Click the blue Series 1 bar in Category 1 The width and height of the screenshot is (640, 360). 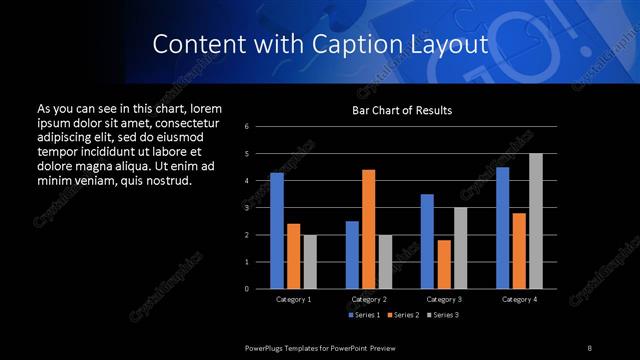tap(277, 231)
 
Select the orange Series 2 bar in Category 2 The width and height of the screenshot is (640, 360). tap(368, 229)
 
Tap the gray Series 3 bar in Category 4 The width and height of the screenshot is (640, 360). tap(535, 221)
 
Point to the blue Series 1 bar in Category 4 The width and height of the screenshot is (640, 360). tap(502, 228)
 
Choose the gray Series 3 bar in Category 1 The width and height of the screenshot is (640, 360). tap(310, 262)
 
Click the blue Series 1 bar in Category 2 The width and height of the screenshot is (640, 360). tap(352, 255)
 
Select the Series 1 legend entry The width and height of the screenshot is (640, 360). tap(365, 314)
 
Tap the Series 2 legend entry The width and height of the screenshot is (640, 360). tap(402, 314)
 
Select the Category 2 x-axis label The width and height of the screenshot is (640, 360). tap(369, 299)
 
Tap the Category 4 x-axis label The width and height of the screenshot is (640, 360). tap(518, 299)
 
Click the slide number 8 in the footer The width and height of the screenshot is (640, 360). tap(590, 347)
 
